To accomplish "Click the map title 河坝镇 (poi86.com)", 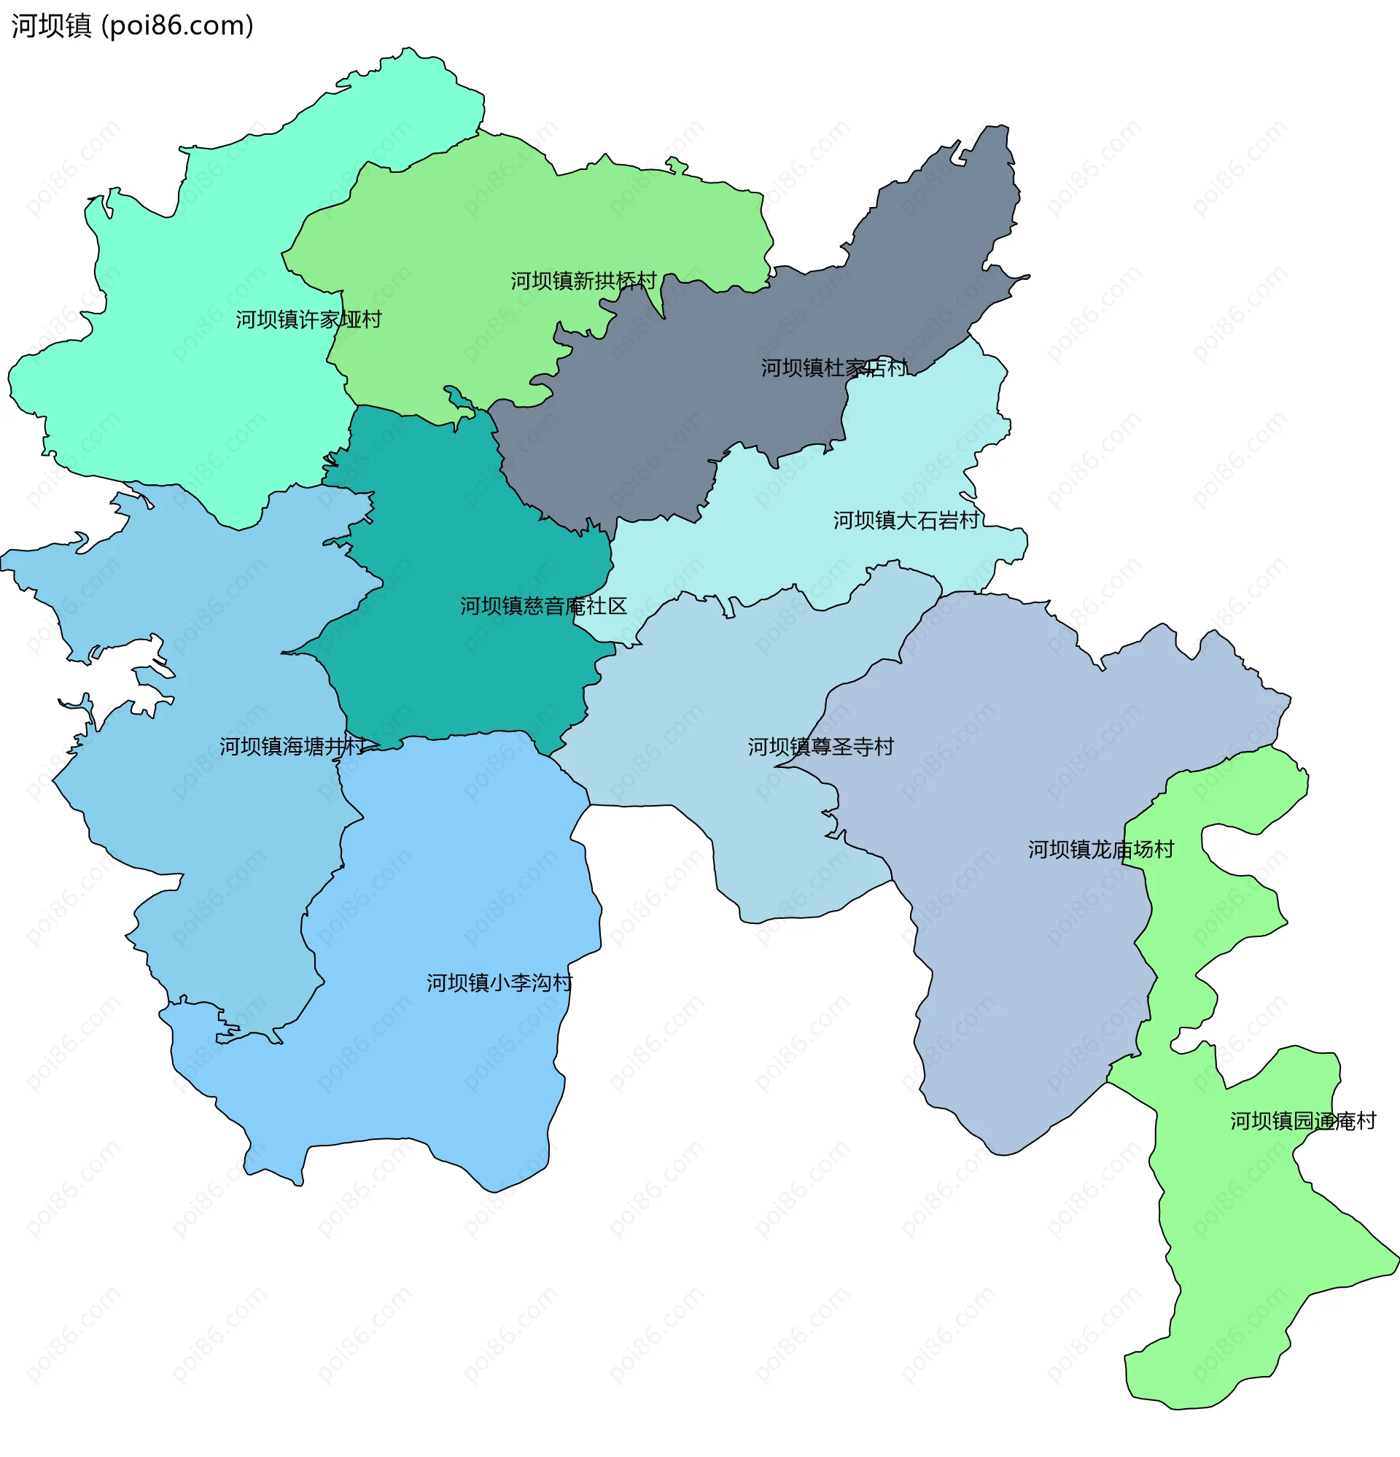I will (132, 26).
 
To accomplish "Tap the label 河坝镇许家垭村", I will (308, 319).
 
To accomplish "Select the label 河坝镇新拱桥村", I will (583, 281).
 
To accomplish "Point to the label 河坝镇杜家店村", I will (833, 368).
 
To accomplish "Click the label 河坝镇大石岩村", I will (906, 521).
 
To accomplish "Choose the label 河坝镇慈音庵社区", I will (543, 606).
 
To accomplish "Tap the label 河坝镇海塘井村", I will (292, 746).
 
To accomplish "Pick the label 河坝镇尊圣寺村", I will (820, 747).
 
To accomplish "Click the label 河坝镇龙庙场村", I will (1100, 850).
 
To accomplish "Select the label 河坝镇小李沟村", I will (499, 984).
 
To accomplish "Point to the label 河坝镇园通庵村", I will (1302, 1121).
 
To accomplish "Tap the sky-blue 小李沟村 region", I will (446, 1078).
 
